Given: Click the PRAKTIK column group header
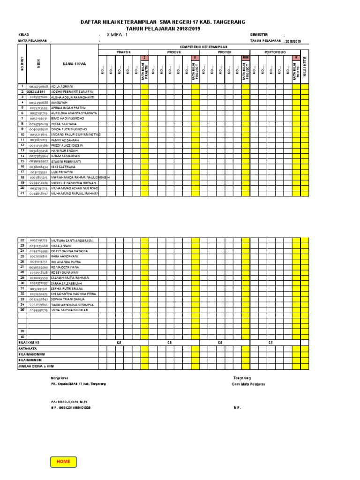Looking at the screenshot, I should (123, 52).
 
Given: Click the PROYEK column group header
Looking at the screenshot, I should (225, 52).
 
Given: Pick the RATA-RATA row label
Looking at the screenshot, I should (28, 348).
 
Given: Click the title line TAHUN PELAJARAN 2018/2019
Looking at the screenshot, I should (163, 28).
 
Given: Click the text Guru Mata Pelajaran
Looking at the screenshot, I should (248, 384).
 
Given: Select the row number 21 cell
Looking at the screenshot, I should (22, 193).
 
